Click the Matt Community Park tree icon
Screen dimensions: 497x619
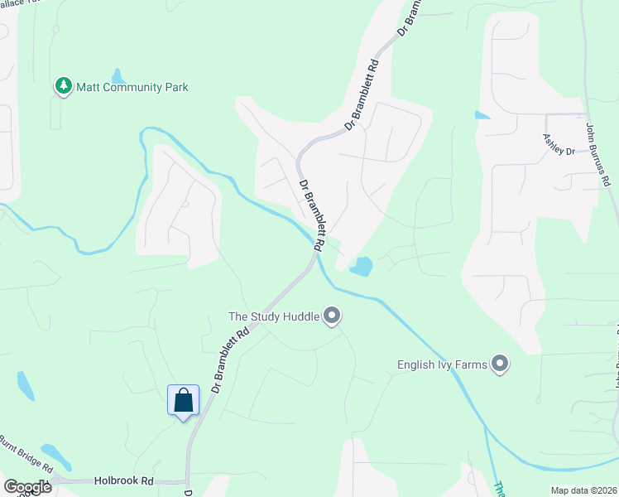pos(63,86)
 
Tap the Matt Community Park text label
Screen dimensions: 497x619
pos(132,87)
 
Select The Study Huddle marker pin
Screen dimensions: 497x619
pos(332,316)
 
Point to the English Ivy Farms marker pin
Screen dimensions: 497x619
pos(499,364)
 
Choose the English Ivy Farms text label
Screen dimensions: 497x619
pos(441,364)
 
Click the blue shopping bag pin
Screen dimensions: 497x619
pos(183,400)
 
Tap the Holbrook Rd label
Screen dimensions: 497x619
pos(124,480)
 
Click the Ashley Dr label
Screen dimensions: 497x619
pos(559,146)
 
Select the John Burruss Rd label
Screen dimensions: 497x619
pos(597,155)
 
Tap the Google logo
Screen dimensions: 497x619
pos(27,487)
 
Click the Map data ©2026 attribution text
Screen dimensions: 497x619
pos(583,490)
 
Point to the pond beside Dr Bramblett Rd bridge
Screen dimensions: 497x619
pos(361,267)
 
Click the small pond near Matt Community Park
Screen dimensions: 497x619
pos(118,77)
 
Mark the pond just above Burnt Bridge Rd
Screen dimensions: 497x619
pos(56,454)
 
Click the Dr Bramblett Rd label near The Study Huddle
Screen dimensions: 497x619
pos(230,361)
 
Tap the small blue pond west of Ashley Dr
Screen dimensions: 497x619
pos(482,115)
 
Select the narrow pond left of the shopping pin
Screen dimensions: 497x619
pos(26,386)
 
